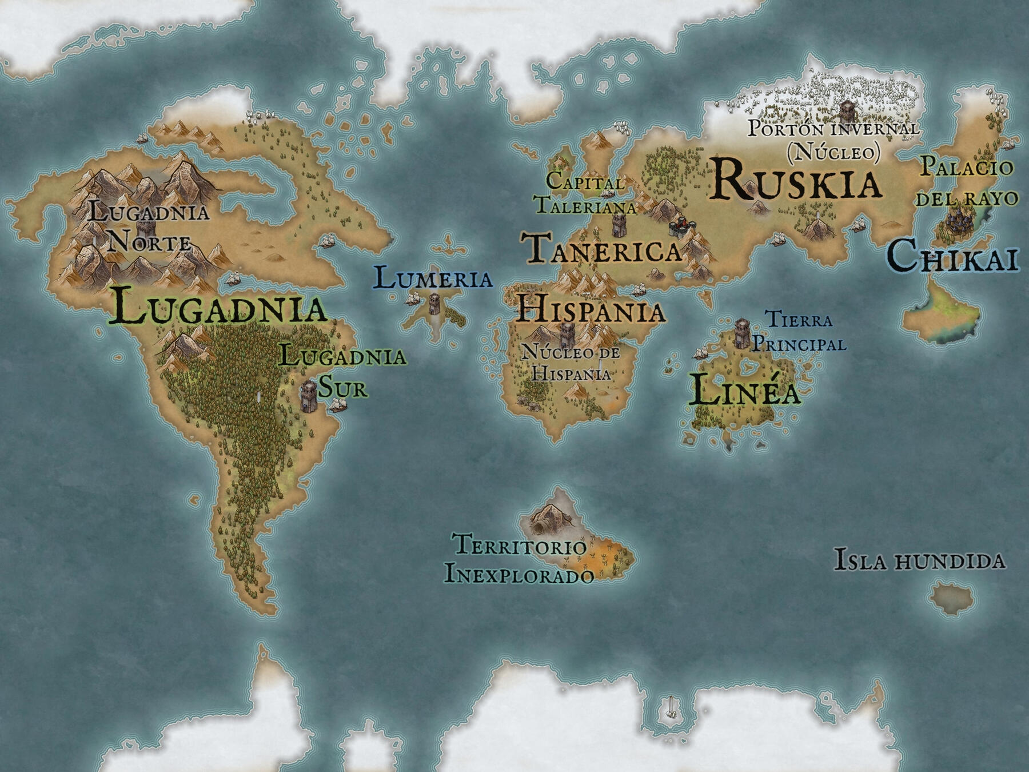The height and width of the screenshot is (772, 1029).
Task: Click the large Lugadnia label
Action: tap(217, 307)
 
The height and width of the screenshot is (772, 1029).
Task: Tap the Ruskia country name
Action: tap(796, 181)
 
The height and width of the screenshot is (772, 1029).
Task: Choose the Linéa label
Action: tap(744, 391)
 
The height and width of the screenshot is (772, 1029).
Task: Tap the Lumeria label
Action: tap(433, 279)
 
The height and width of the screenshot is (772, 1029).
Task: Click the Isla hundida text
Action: tap(919, 560)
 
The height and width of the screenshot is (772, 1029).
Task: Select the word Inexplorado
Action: tap(519, 574)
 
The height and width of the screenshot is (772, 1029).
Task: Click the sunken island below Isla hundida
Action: tap(951, 598)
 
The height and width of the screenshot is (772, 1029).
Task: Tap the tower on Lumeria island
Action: tap(434, 303)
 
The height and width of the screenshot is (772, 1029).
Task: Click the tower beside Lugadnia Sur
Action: tap(309, 396)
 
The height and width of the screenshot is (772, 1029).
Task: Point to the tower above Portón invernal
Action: tap(847, 110)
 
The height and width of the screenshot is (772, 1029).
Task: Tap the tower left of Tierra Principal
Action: tap(742, 333)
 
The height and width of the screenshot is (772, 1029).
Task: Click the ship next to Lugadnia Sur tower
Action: tap(337, 405)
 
